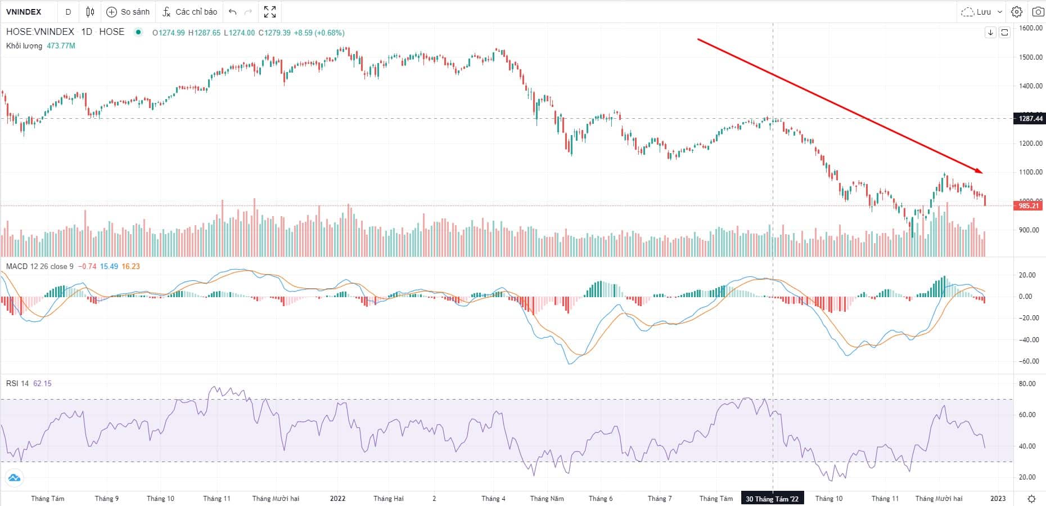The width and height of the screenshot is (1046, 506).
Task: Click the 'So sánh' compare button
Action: click(x=128, y=12)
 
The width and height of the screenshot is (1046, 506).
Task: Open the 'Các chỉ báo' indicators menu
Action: click(x=190, y=12)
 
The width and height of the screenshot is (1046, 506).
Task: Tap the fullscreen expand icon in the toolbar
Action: click(x=270, y=12)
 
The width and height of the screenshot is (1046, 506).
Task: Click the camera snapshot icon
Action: click(x=1038, y=12)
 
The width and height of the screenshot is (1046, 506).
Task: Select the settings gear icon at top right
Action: click(x=1017, y=12)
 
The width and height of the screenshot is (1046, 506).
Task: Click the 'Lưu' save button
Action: click(x=981, y=12)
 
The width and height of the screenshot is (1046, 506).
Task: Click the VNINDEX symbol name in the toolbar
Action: click(x=24, y=12)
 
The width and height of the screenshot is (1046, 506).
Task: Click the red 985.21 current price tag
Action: click(x=1028, y=206)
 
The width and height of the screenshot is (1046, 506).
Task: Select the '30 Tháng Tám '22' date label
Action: click(x=772, y=499)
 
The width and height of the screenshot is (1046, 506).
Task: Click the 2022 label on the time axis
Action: click(x=337, y=499)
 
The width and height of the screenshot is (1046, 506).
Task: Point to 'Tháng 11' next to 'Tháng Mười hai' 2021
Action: click(x=217, y=499)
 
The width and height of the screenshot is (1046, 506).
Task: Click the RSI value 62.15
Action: click(x=42, y=383)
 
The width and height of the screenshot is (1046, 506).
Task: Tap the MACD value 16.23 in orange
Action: click(x=130, y=266)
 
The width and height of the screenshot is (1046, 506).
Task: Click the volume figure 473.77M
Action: click(x=61, y=46)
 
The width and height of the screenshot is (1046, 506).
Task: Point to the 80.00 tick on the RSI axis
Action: click(x=1027, y=384)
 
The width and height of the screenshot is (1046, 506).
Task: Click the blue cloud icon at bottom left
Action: click(x=14, y=478)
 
